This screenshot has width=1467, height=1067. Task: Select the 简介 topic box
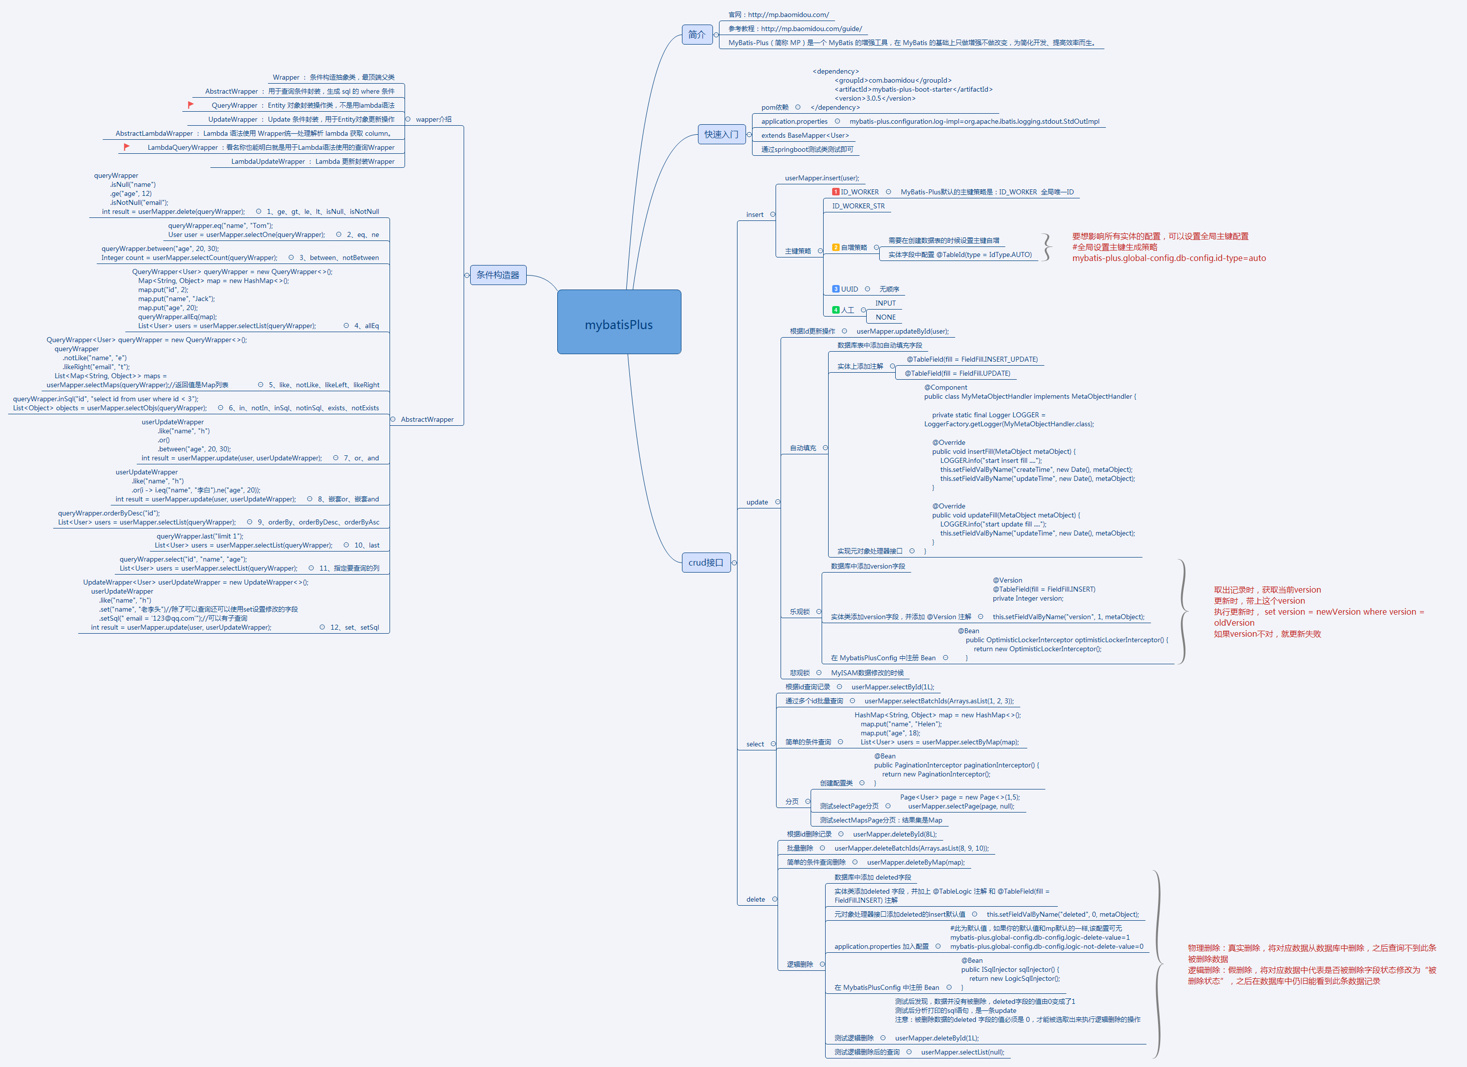tap(696, 34)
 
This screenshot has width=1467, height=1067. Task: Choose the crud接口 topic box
tap(705, 562)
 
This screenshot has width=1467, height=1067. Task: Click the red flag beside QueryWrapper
tap(191, 105)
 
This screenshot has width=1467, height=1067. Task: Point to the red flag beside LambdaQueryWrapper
tap(127, 147)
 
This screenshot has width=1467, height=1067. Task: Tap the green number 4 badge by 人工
tap(835, 310)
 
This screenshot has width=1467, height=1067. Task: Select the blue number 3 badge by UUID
tap(835, 289)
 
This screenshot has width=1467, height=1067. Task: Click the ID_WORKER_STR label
tap(858, 206)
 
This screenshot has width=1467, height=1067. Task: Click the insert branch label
tap(754, 215)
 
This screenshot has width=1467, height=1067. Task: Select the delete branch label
tap(755, 899)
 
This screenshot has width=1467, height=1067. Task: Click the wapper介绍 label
tap(434, 120)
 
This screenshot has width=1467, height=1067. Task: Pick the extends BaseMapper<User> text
tap(804, 136)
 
